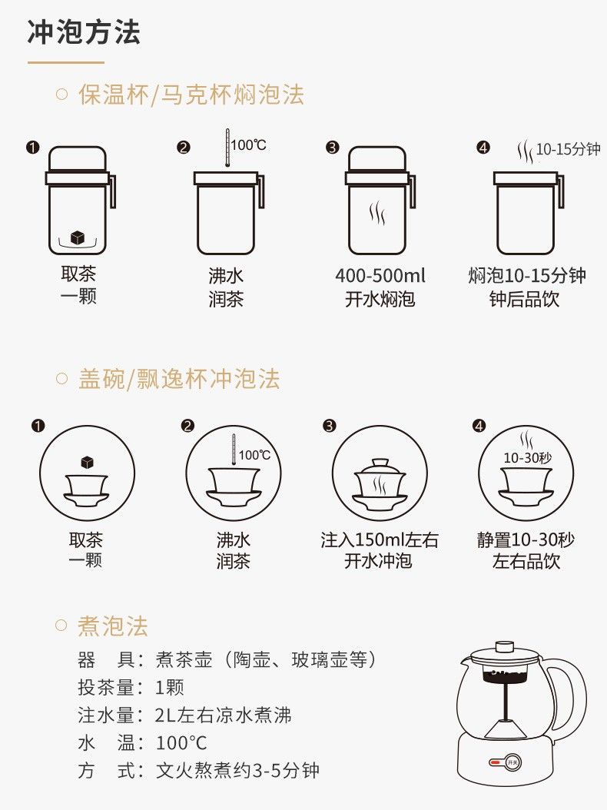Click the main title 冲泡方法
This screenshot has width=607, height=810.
pos(84,32)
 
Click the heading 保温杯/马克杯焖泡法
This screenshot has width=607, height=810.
pos(191,95)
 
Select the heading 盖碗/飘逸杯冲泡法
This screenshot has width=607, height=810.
pos(179,379)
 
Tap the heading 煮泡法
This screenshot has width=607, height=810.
pos(113,626)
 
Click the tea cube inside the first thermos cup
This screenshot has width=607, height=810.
pos(78,237)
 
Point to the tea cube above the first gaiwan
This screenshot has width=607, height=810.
pos(88,462)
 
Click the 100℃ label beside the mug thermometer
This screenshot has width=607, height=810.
pos(248,144)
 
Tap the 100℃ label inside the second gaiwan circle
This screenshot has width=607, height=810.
pos(254,455)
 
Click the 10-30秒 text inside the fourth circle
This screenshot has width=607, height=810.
pos(527,458)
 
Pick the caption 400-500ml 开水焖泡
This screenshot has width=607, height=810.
pos(380,287)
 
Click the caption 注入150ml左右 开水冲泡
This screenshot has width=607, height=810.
pos(379,550)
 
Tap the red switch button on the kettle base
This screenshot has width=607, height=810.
pos(495,762)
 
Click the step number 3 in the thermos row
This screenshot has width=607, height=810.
pos(332,148)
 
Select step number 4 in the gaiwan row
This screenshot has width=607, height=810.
pos(479,427)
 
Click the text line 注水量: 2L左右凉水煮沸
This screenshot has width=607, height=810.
pos(184,715)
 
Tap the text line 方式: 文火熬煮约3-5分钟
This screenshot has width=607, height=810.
pos(198,770)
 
